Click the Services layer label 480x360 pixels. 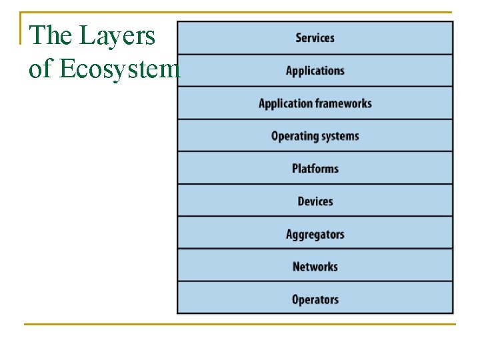coord(315,38)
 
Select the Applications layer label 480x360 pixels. coord(315,71)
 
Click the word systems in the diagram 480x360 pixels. coord(340,136)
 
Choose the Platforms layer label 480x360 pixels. coord(315,168)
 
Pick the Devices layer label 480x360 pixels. coord(315,201)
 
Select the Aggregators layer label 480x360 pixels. coord(315,234)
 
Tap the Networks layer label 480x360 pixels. coord(315,267)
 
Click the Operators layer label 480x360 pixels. coord(315,299)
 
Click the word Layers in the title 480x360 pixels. coord(117,35)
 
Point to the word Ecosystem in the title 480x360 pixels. coord(120,69)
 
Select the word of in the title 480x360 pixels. coord(39,69)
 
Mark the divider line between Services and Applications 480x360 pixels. coord(315,55)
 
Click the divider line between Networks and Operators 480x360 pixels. coord(315,282)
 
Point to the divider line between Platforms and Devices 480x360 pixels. coord(315,184)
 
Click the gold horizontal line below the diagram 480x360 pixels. coord(240,325)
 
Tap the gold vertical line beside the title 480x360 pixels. coord(21,28)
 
